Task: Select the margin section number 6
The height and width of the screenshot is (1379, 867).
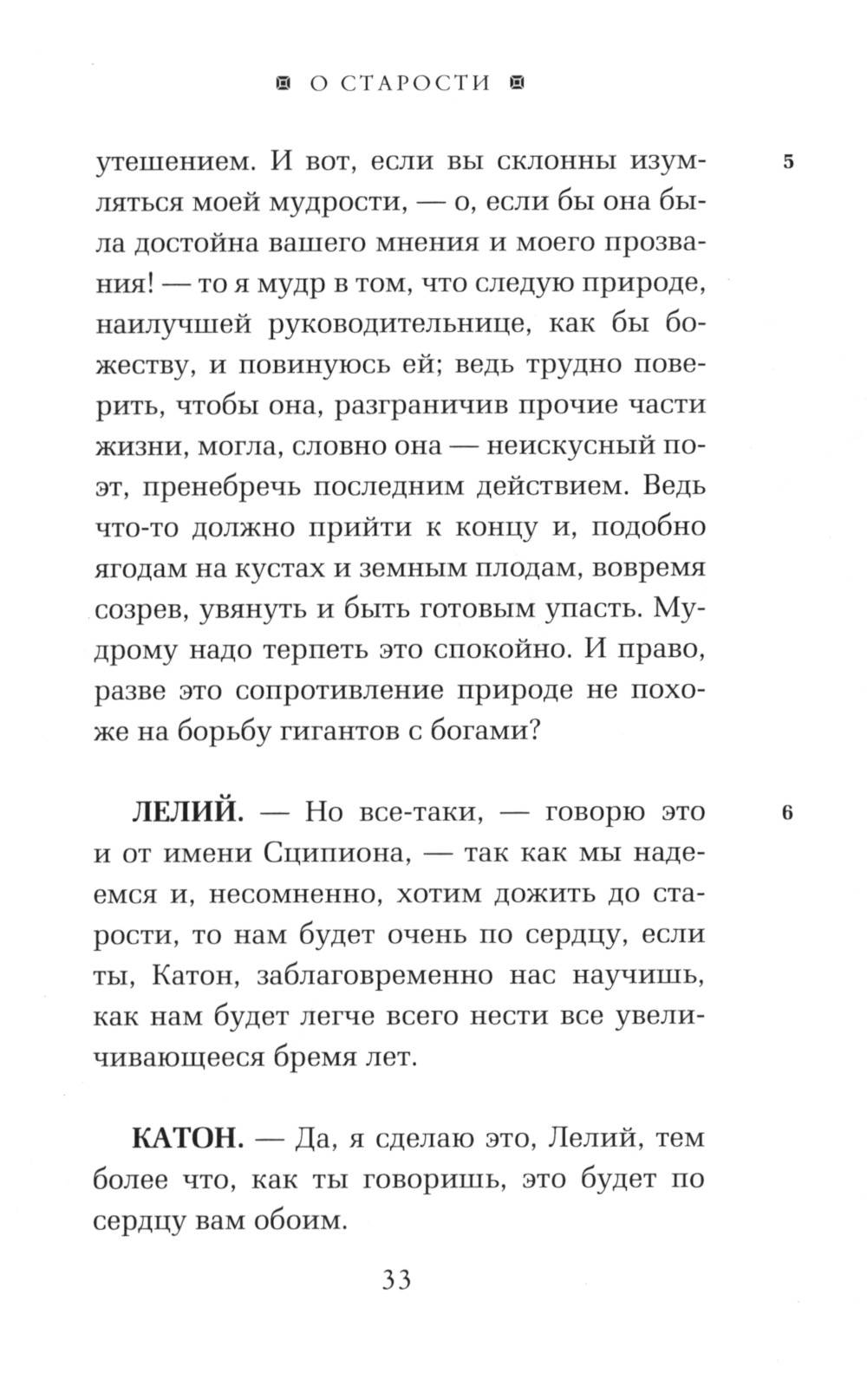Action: tap(787, 813)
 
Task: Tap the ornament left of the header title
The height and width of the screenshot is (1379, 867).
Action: tap(281, 83)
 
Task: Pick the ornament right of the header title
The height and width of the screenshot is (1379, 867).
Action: tap(518, 83)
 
